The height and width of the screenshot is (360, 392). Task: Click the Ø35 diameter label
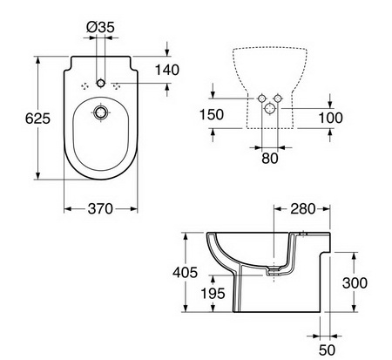[x=100, y=27]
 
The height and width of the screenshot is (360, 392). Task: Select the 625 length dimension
[x=37, y=119]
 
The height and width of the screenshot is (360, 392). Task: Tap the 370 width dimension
[x=100, y=208]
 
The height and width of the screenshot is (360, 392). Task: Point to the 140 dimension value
[x=167, y=70]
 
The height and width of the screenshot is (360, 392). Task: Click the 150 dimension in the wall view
[x=212, y=114]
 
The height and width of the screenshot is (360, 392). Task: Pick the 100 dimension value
[x=330, y=118]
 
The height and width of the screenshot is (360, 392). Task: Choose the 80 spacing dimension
[x=270, y=159]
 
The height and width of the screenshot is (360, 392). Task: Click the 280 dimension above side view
[x=302, y=209]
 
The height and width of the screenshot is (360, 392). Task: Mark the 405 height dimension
[x=185, y=272]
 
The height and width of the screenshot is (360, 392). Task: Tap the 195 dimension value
[x=213, y=294]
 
